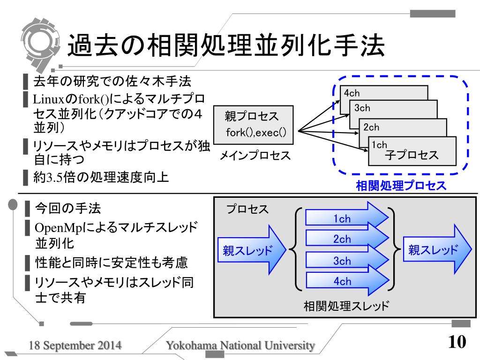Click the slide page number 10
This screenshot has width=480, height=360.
[x=457, y=342]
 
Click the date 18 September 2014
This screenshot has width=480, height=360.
[x=75, y=346]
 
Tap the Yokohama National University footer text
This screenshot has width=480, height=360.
[x=240, y=346]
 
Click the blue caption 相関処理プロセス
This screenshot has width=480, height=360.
[x=401, y=186]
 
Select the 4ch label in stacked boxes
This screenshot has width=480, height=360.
[x=352, y=93]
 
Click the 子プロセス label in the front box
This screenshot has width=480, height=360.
[x=412, y=155]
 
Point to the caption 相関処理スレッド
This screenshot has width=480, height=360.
[x=346, y=307]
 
